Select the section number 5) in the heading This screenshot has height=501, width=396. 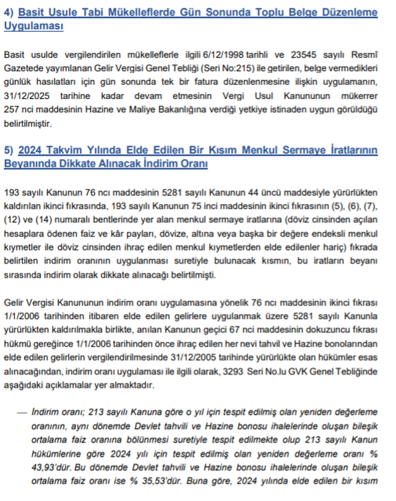click(9, 150)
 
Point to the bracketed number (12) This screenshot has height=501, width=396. click(14, 218)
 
